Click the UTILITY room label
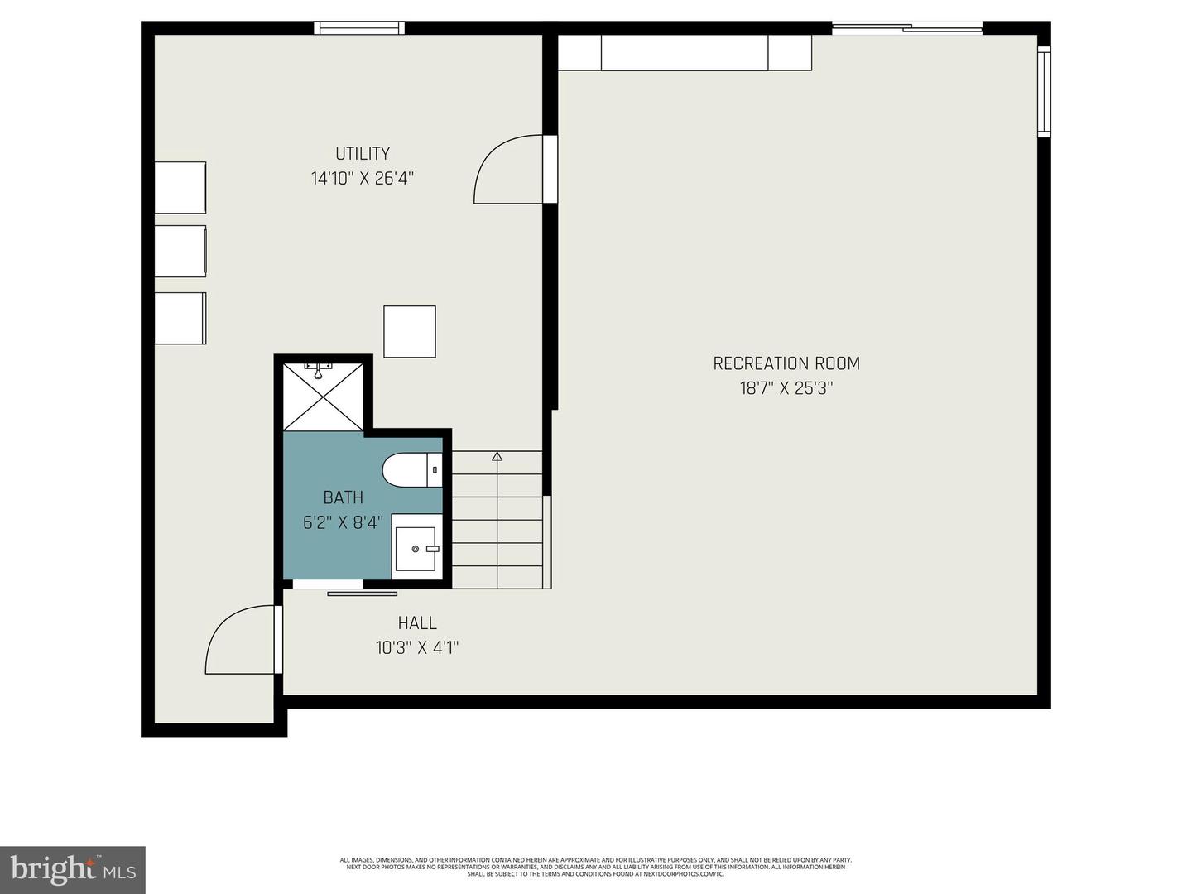(362, 154)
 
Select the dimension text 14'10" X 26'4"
(362, 179)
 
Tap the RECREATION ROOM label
(786, 363)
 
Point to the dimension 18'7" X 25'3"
(786, 388)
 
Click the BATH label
(343, 497)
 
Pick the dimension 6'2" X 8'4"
(343, 522)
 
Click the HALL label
(417, 623)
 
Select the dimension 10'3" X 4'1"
(417, 647)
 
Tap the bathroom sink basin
(416, 548)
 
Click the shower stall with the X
(323, 396)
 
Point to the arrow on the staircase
(497, 456)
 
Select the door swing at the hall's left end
(240, 642)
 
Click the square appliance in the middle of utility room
(410, 332)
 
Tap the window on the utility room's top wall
(359, 28)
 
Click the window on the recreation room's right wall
(1044, 91)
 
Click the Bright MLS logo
(73, 869)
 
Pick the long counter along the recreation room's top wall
(685, 53)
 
